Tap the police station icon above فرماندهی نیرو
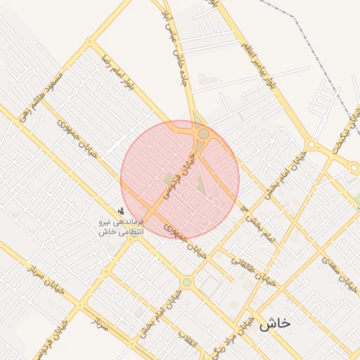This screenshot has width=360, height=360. coord(122,210)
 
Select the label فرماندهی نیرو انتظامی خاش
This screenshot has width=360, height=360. coord(121,226)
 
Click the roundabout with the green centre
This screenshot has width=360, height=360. coord(187,283)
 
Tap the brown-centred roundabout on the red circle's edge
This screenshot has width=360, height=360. coord(203,133)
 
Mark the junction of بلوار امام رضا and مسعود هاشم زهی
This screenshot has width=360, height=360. coord(89,41)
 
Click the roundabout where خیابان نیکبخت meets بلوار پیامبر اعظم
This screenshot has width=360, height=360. coord(310,146)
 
